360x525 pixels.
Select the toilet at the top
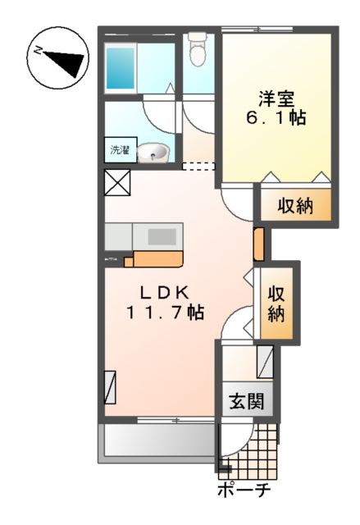(197, 48)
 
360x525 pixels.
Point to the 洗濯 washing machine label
(121, 151)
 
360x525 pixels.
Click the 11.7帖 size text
(164, 313)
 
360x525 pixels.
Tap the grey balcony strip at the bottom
(157, 444)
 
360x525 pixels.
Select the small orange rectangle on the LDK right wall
(258, 244)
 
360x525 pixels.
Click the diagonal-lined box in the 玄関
(265, 360)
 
